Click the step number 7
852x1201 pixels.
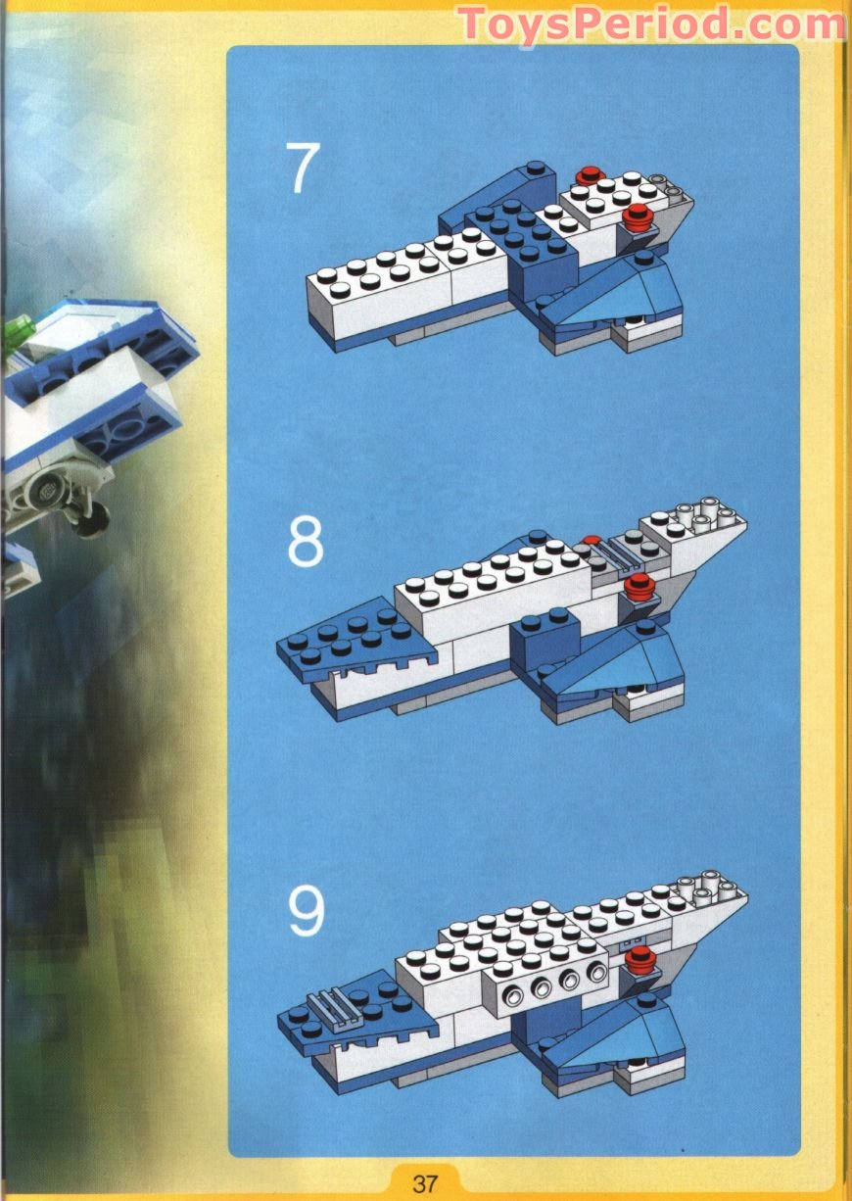(303, 168)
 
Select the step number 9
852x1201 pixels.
(306, 911)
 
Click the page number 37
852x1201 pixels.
(425, 1182)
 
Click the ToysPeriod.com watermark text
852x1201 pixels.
(651, 24)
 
